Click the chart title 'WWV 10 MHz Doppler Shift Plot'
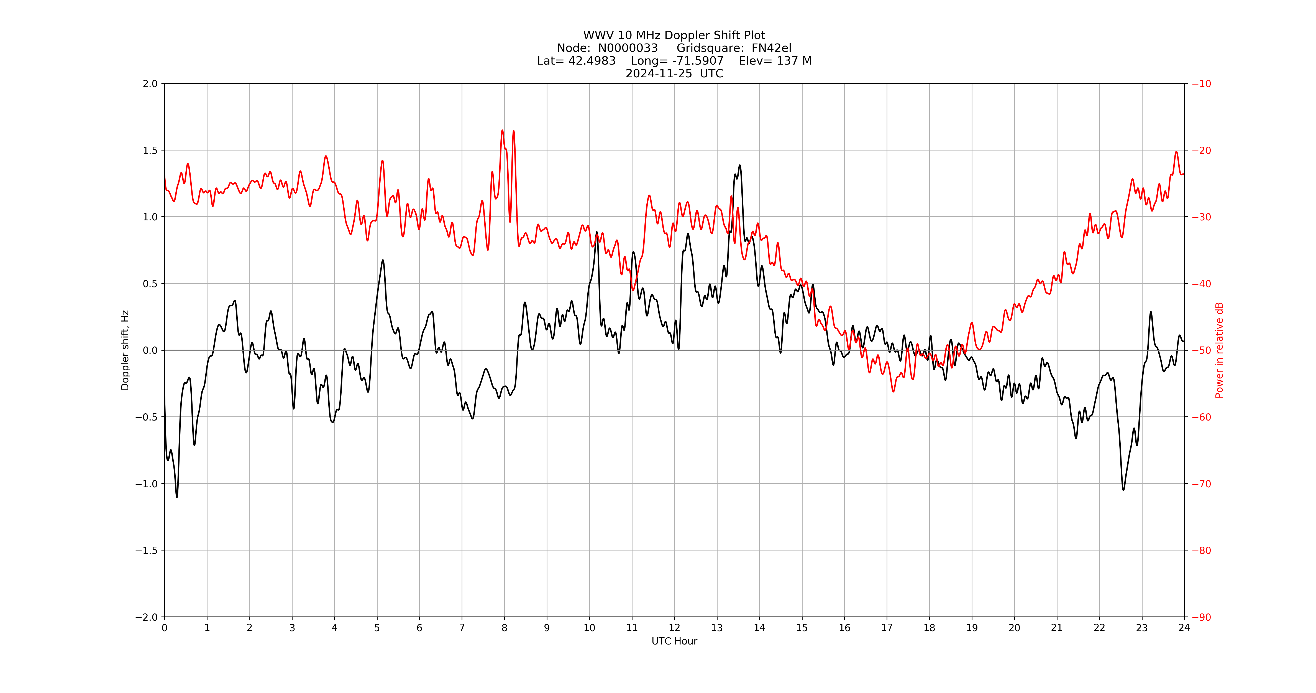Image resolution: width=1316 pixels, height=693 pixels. coord(674,35)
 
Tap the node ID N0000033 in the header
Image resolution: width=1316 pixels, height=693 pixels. coord(628,48)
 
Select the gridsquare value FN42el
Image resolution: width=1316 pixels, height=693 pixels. coord(771,48)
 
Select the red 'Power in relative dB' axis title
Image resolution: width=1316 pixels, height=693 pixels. coord(1219,350)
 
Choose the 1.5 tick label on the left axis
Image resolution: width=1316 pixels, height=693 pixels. coord(150,150)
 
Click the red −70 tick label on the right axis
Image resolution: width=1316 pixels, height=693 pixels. coord(1202,483)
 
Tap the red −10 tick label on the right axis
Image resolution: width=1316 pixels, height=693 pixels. coord(1202,83)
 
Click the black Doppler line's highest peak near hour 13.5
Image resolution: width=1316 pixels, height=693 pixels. coord(740,165)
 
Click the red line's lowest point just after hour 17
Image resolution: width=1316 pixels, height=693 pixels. coord(893,391)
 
